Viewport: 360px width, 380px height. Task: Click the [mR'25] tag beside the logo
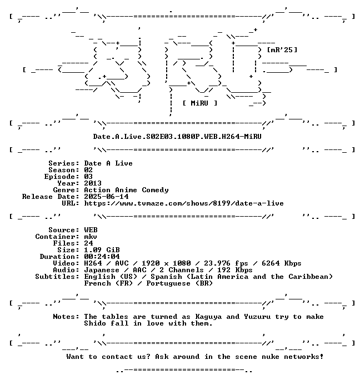(x=282, y=50)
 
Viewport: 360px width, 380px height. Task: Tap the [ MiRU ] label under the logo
(x=200, y=103)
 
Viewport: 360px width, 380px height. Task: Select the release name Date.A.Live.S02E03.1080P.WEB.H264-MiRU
(x=177, y=137)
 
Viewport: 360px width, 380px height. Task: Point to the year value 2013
(x=93, y=183)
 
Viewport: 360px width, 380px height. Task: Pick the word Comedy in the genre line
(x=155, y=190)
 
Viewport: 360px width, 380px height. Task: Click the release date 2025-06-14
(x=106, y=197)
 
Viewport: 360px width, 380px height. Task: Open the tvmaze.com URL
(x=184, y=203)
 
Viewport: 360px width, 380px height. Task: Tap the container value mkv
(x=91, y=237)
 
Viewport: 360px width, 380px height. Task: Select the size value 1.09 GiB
(x=102, y=250)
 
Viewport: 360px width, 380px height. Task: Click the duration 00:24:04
(x=102, y=257)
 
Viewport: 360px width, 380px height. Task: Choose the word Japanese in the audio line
(x=102, y=270)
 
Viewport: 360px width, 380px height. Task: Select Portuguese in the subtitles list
(x=168, y=283)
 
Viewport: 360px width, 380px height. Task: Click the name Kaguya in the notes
(x=208, y=317)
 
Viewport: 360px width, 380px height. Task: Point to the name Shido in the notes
(x=95, y=323)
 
